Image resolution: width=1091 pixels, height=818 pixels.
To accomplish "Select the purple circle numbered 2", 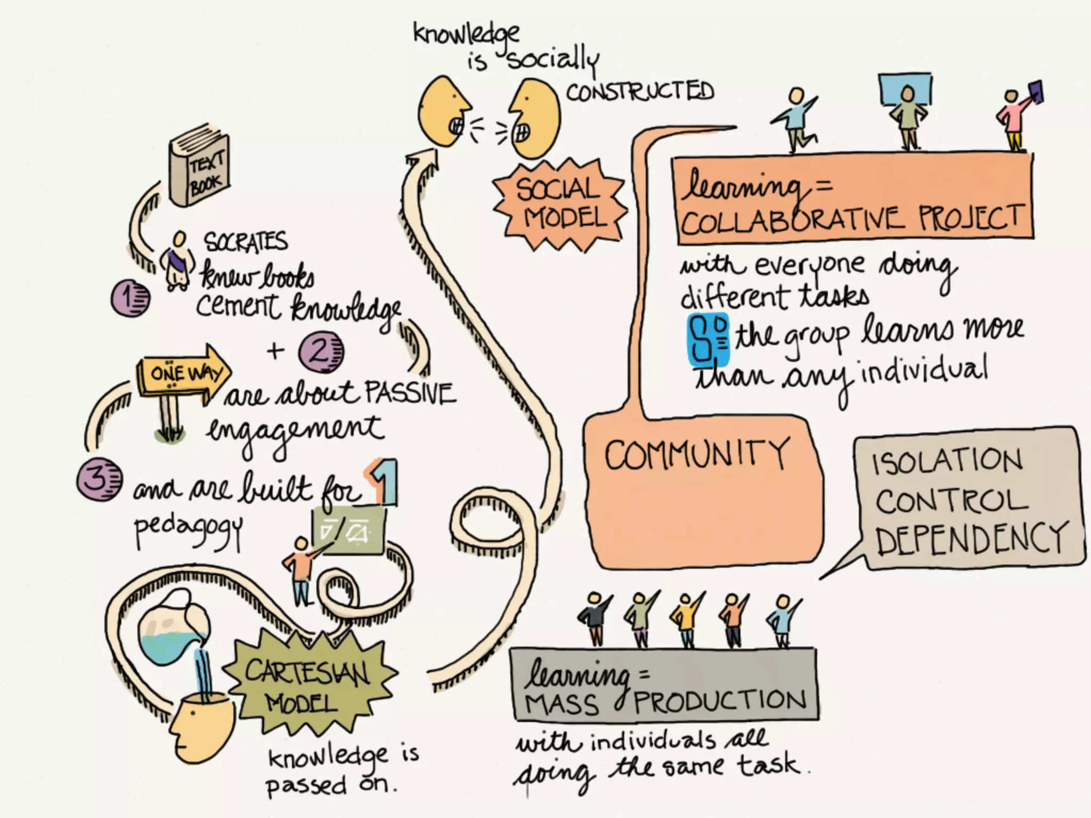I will [x=321, y=352].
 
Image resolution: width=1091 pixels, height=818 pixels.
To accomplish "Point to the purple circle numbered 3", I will [x=99, y=479].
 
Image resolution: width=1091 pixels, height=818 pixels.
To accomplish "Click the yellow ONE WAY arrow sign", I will [x=181, y=372].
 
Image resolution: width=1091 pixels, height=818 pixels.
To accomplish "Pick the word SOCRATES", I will [x=246, y=242].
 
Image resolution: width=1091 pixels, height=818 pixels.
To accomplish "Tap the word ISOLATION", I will [x=947, y=461].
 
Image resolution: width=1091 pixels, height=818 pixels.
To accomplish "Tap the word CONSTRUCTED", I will [x=639, y=92].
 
